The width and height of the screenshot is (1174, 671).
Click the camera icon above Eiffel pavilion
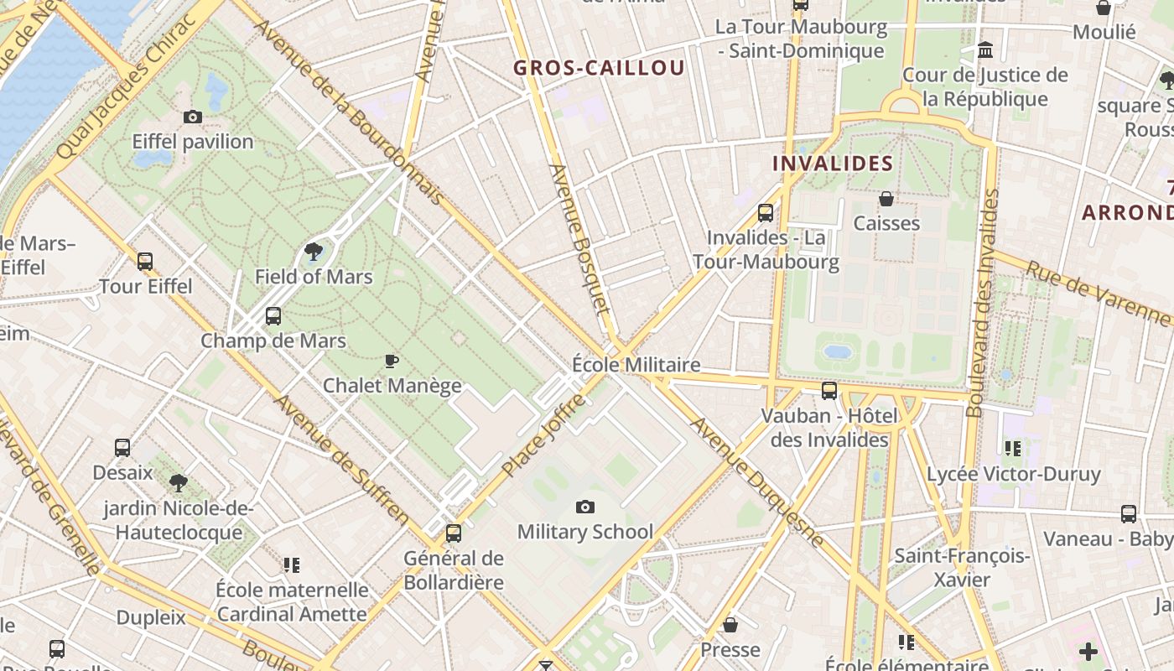(192, 117)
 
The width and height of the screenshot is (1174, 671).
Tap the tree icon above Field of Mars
(314, 250)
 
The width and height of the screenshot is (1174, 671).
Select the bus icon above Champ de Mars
(273, 316)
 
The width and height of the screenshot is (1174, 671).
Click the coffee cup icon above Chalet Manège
(391, 361)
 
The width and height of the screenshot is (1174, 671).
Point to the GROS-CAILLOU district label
(599, 68)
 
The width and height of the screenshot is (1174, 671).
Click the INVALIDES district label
(833, 164)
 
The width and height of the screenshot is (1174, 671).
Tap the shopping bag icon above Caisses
(886, 199)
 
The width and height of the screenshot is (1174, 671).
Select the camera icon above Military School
(585, 507)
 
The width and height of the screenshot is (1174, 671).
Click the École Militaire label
(636, 365)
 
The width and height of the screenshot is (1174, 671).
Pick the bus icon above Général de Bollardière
(454, 533)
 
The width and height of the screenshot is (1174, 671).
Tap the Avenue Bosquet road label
(579, 239)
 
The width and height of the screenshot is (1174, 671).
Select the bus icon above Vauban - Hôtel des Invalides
(829, 390)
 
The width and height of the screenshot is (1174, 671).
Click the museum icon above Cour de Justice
(985, 50)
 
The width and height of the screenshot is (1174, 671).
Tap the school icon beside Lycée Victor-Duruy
(1013, 449)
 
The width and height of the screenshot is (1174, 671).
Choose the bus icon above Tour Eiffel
(145, 261)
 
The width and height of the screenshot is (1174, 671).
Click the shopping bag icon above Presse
(730, 625)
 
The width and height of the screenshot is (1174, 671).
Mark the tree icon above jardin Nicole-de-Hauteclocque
(178, 482)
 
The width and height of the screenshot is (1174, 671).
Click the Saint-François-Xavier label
(961, 567)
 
